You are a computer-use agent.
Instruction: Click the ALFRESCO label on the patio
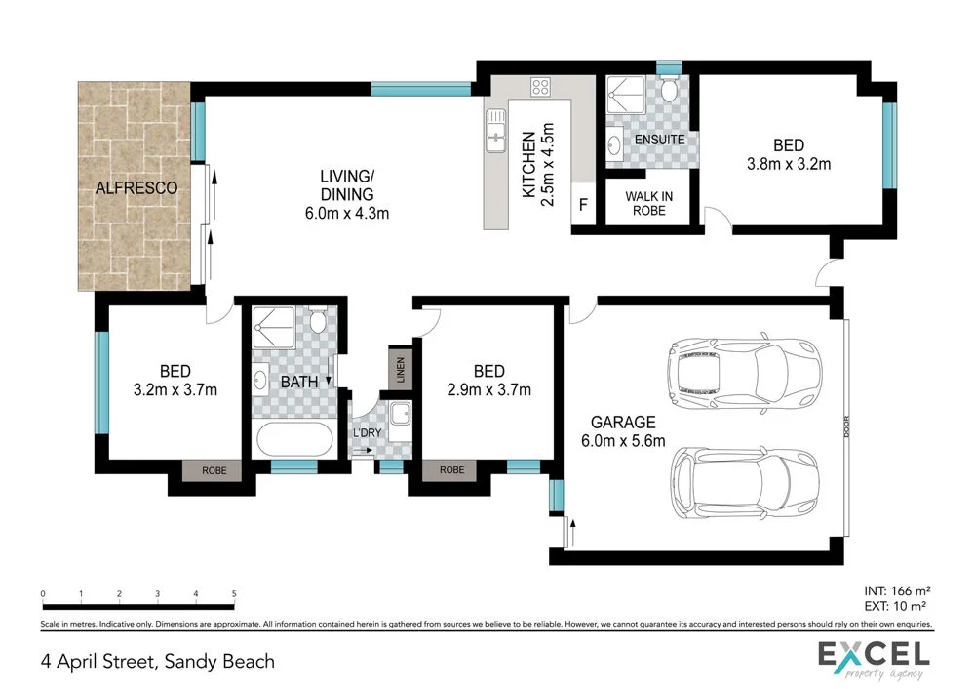pos(136,189)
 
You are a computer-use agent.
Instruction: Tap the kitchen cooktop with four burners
pos(541,88)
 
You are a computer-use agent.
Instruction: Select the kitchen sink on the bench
pos(495,130)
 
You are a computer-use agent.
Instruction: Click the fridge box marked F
pos(584,206)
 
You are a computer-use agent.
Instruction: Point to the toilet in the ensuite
pos(668,92)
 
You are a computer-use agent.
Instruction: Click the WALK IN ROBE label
pos(648,203)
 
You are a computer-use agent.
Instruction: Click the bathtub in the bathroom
pos(294,438)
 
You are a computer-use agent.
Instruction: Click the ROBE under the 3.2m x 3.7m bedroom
pos(214,470)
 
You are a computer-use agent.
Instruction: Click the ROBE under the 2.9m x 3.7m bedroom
pos(452,470)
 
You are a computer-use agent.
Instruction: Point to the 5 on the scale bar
pos(234,594)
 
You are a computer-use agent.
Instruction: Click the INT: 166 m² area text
pos(898,590)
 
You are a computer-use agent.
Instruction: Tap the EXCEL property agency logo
pos(873,660)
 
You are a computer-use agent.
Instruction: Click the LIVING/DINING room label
pos(347,194)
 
